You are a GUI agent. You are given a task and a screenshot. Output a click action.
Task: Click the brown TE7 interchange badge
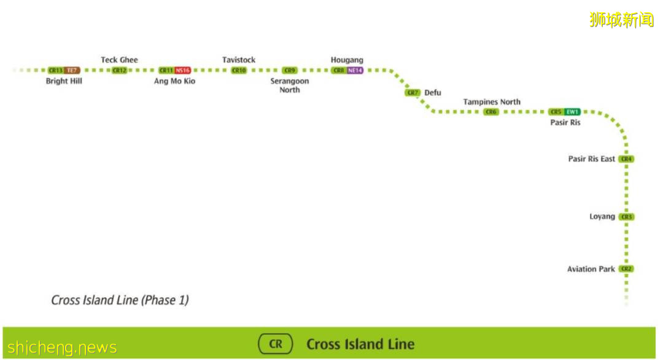[x=72, y=71]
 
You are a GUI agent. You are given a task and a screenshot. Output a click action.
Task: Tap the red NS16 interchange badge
[x=183, y=71]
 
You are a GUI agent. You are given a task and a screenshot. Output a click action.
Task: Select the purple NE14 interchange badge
[x=355, y=71]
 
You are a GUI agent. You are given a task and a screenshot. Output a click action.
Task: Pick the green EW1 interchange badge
[x=572, y=112]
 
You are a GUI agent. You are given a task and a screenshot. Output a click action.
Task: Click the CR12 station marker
[x=119, y=71]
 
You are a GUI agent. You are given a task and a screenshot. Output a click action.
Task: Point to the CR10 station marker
[x=239, y=71]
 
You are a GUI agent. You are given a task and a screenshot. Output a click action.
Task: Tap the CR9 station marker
[x=290, y=71]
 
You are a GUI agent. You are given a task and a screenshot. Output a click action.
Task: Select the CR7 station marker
[x=413, y=93]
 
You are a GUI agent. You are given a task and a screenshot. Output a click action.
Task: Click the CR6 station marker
[x=491, y=112]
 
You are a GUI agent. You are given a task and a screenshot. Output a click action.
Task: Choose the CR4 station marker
[x=626, y=159]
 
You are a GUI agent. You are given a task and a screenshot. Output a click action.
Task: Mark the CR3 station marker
[x=626, y=217]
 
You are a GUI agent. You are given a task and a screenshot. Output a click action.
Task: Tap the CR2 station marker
[x=626, y=269]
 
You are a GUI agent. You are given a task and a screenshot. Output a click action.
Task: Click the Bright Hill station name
[x=64, y=81]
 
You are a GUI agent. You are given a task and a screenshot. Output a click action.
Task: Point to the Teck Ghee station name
[x=119, y=60]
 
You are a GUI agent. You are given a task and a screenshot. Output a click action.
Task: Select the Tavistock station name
[x=239, y=60]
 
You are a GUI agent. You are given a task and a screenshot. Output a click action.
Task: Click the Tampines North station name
[x=492, y=102]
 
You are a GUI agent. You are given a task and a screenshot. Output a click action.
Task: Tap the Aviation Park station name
[x=591, y=269]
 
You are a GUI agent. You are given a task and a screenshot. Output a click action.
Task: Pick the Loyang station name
[x=602, y=217]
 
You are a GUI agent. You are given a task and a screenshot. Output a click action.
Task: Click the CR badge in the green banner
[x=276, y=344]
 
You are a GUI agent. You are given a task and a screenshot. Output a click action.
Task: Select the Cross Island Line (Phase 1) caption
[x=120, y=300]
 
